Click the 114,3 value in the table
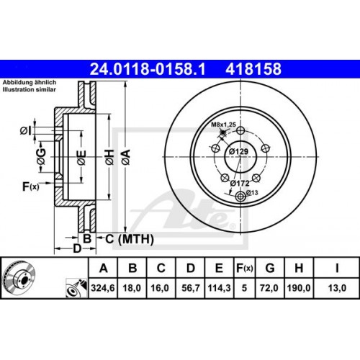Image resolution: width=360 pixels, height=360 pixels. [217, 287]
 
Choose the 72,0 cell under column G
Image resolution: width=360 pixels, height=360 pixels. [271, 287]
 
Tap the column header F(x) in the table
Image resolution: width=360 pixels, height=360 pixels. [244, 269]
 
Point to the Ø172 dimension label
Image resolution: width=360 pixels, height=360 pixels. [239, 184]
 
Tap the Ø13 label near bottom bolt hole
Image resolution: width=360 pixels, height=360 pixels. [252, 192]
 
